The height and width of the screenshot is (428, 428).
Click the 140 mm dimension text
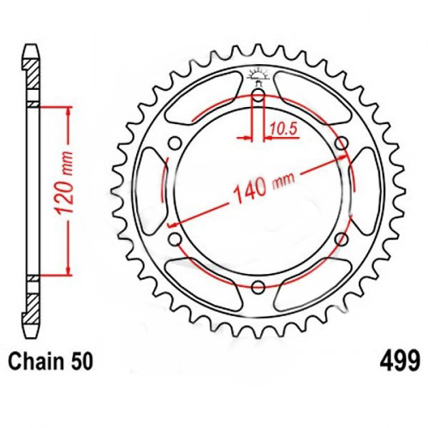263,187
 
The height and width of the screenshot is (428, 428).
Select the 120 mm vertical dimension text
64,183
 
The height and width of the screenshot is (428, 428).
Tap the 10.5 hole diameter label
283,128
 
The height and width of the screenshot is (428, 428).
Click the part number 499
400,361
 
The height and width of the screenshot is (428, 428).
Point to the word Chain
36,361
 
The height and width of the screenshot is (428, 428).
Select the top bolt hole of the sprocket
259,95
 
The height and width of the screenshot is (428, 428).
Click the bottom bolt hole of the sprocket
259,287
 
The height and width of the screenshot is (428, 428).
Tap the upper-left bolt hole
175,143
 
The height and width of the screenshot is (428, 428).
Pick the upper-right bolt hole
342,143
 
